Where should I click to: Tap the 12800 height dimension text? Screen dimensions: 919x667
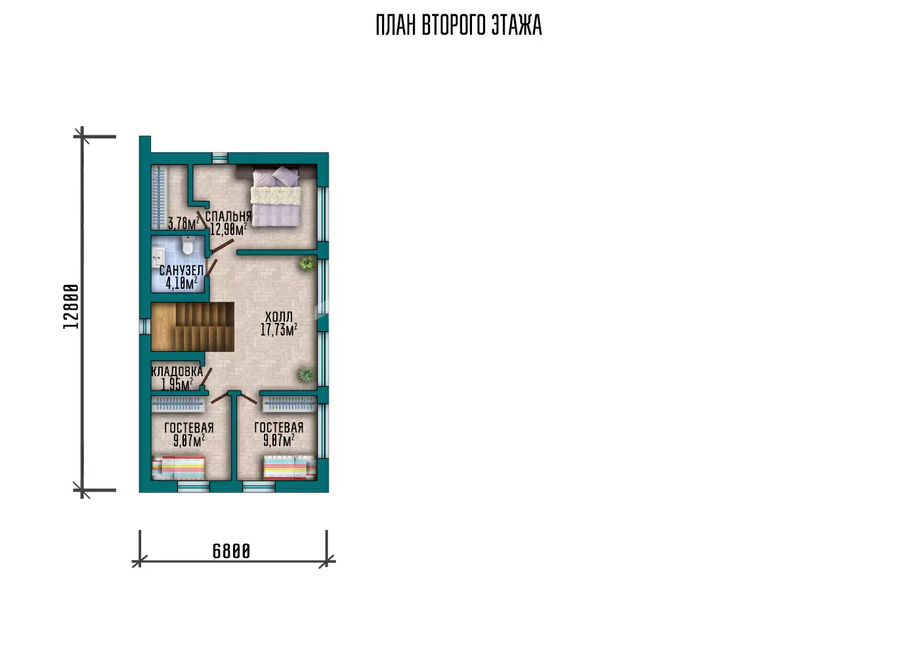71,307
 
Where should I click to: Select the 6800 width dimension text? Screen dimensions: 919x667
231,551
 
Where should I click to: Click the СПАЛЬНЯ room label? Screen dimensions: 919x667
228,217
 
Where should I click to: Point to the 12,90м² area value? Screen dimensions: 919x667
228,229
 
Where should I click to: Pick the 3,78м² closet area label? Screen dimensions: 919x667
183,223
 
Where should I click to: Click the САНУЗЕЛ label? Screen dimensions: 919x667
181,270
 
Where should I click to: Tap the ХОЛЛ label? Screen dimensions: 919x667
279,317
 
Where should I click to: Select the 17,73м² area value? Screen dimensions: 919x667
279,330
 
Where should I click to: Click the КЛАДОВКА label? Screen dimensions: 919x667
177,372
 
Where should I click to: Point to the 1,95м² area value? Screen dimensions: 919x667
177,384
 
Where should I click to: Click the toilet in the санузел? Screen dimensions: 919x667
188,245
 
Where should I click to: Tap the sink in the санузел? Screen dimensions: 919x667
158,257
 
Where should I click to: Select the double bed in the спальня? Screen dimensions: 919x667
276,196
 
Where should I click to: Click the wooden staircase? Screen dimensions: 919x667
192,327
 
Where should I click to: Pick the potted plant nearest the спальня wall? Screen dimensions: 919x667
307,264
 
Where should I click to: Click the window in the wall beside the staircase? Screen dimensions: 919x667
145,327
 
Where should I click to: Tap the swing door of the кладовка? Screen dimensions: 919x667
206,377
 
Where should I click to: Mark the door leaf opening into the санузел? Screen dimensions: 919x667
211,267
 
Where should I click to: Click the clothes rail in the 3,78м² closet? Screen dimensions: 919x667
158,197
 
